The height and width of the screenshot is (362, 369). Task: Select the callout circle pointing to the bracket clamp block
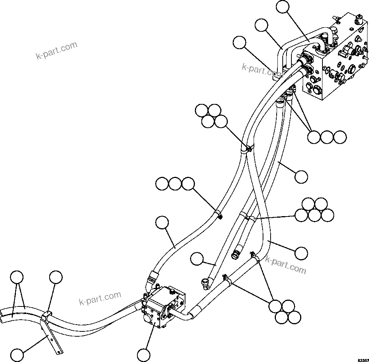point(56,277)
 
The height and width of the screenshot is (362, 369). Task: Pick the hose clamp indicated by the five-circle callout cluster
point(246,217)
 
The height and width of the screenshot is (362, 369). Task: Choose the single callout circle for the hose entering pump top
point(162,223)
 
